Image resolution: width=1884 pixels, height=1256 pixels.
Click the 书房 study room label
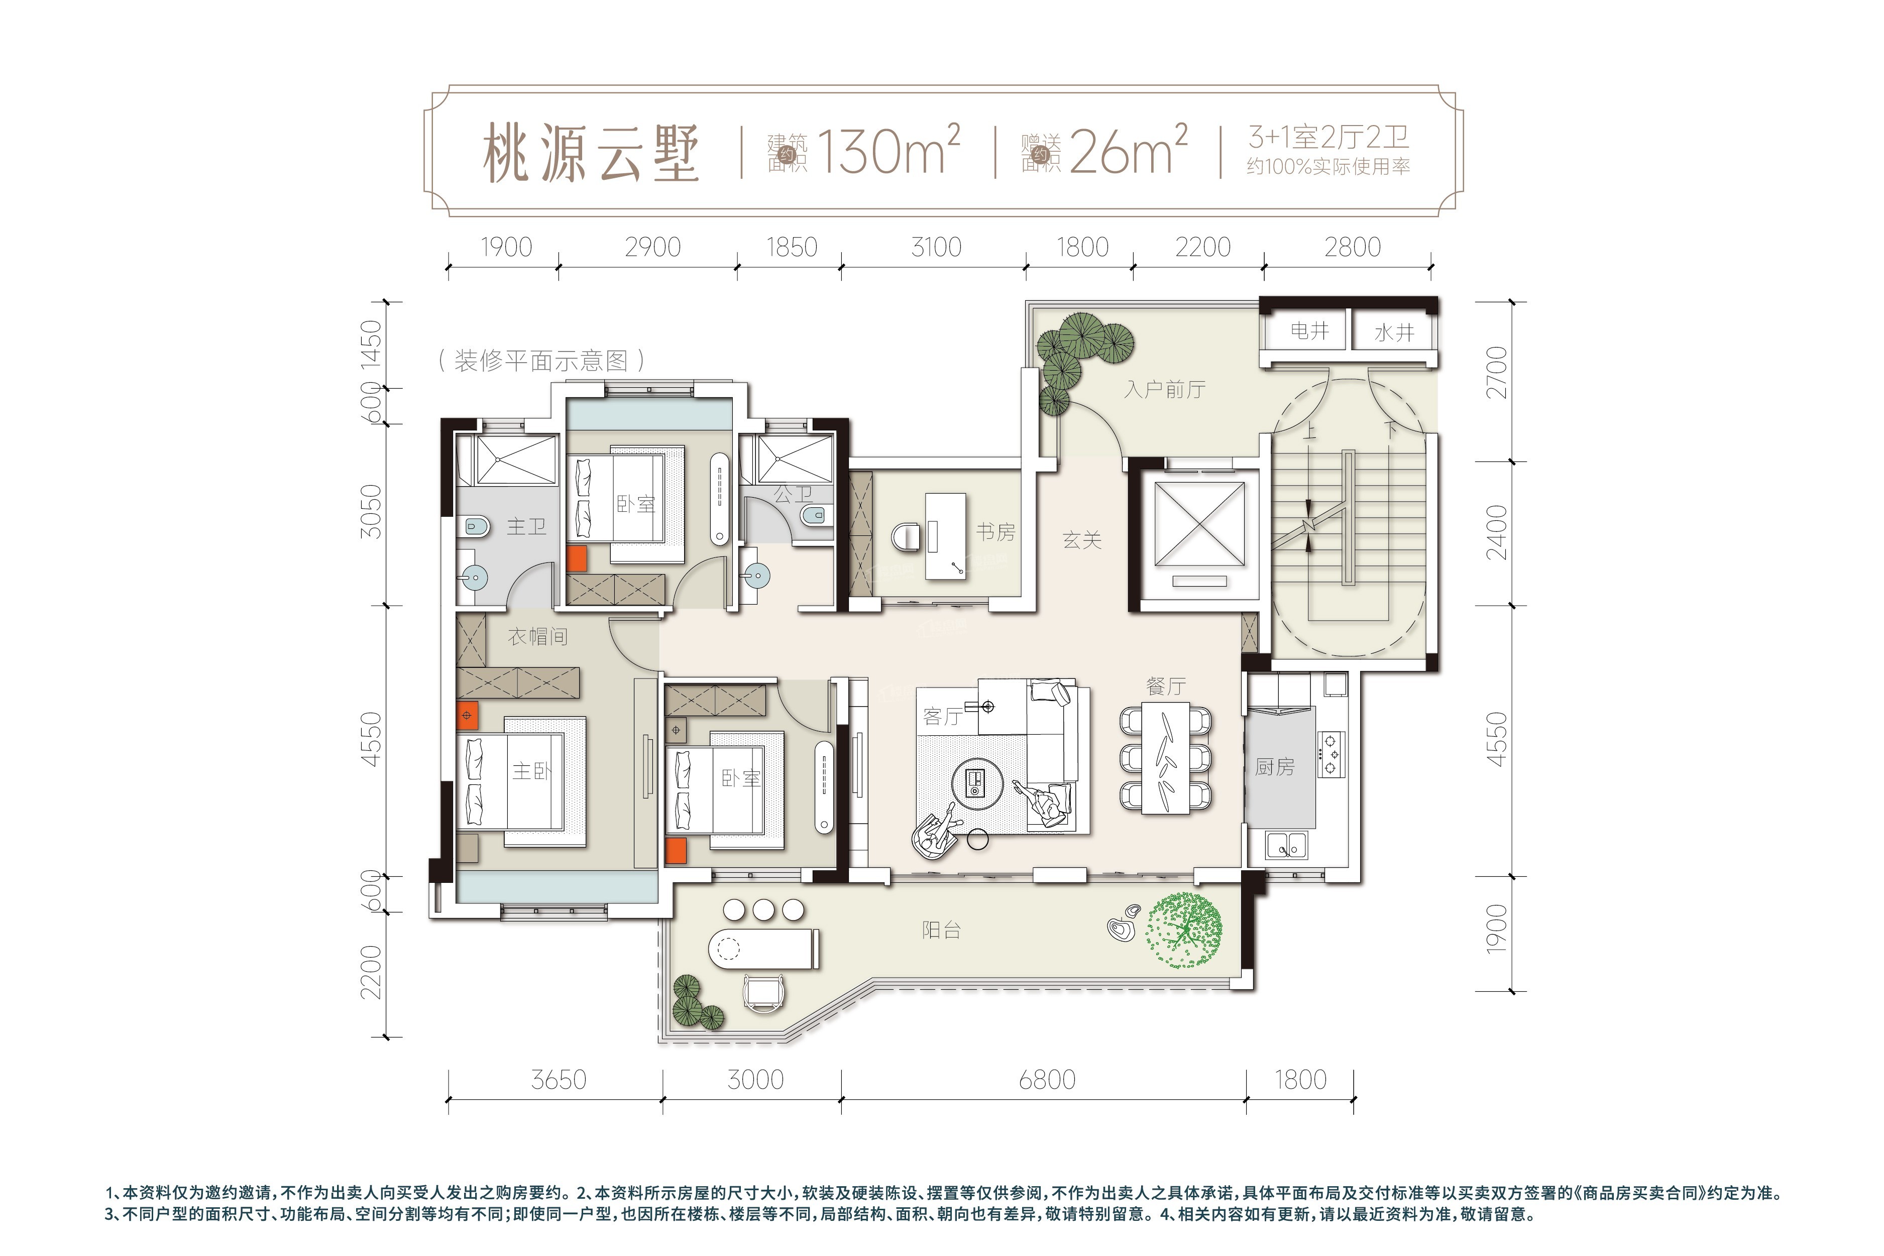coord(995,531)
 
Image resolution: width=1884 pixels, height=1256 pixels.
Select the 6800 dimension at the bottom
coord(1047,1080)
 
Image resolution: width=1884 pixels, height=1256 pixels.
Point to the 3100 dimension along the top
coord(936,247)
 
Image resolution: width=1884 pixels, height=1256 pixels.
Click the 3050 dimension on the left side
coord(372,512)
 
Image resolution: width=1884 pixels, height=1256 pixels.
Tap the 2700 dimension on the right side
coord(1496,373)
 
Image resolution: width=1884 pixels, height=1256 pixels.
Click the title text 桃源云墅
coord(591,153)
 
